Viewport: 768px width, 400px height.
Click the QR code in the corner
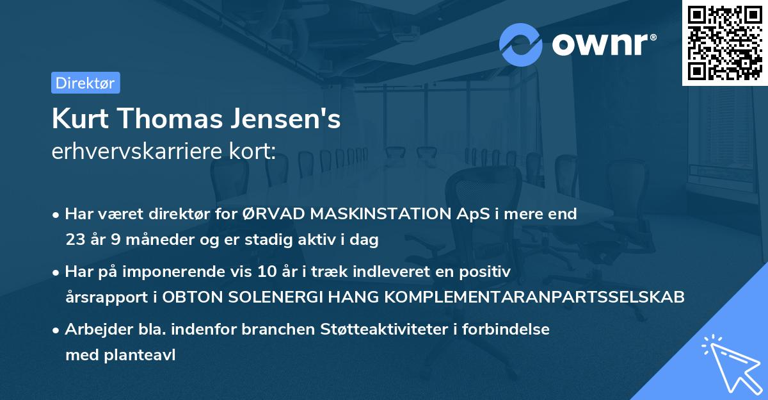[724, 42]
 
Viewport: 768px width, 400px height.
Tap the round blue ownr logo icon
[521, 44]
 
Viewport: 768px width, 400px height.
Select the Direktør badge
[86, 83]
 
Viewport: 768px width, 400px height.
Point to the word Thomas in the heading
[168, 120]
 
